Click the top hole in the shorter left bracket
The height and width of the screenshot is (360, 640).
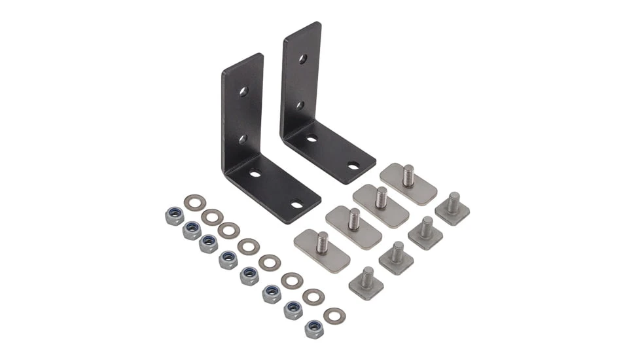point(243,92)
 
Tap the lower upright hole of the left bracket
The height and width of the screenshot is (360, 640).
point(242,139)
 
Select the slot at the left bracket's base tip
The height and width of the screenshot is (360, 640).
point(296,204)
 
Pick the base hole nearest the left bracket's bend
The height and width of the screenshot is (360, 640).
point(255,174)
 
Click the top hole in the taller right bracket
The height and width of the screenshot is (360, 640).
point(303,59)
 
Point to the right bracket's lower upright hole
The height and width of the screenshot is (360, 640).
point(300,105)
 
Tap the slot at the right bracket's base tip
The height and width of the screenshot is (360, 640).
point(353,166)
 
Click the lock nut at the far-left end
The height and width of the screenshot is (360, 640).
point(175,216)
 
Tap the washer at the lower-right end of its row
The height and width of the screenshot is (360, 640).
point(334,316)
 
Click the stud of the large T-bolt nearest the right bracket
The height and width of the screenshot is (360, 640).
point(409,175)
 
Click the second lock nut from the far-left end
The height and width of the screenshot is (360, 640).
point(192,230)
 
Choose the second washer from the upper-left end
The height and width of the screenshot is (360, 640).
point(212,217)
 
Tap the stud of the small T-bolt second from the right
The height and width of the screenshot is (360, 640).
point(427,227)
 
